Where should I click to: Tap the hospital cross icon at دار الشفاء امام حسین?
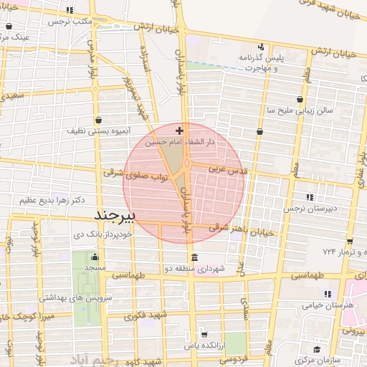(179, 131)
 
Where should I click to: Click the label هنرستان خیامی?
(330, 305)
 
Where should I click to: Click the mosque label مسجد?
(95, 268)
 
